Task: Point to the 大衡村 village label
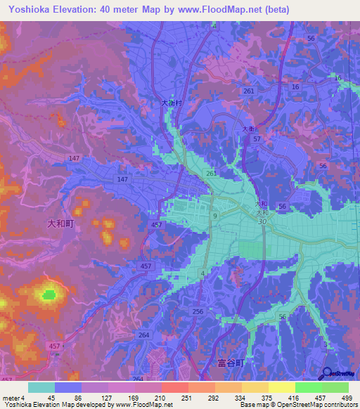coord(172,103)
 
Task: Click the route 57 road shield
coord(257,140)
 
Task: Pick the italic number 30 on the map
coord(262,221)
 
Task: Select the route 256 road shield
coord(198,311)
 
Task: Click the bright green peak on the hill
coord(49,294)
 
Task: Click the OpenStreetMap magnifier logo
coord(327,375)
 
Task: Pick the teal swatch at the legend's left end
coord(41,387)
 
